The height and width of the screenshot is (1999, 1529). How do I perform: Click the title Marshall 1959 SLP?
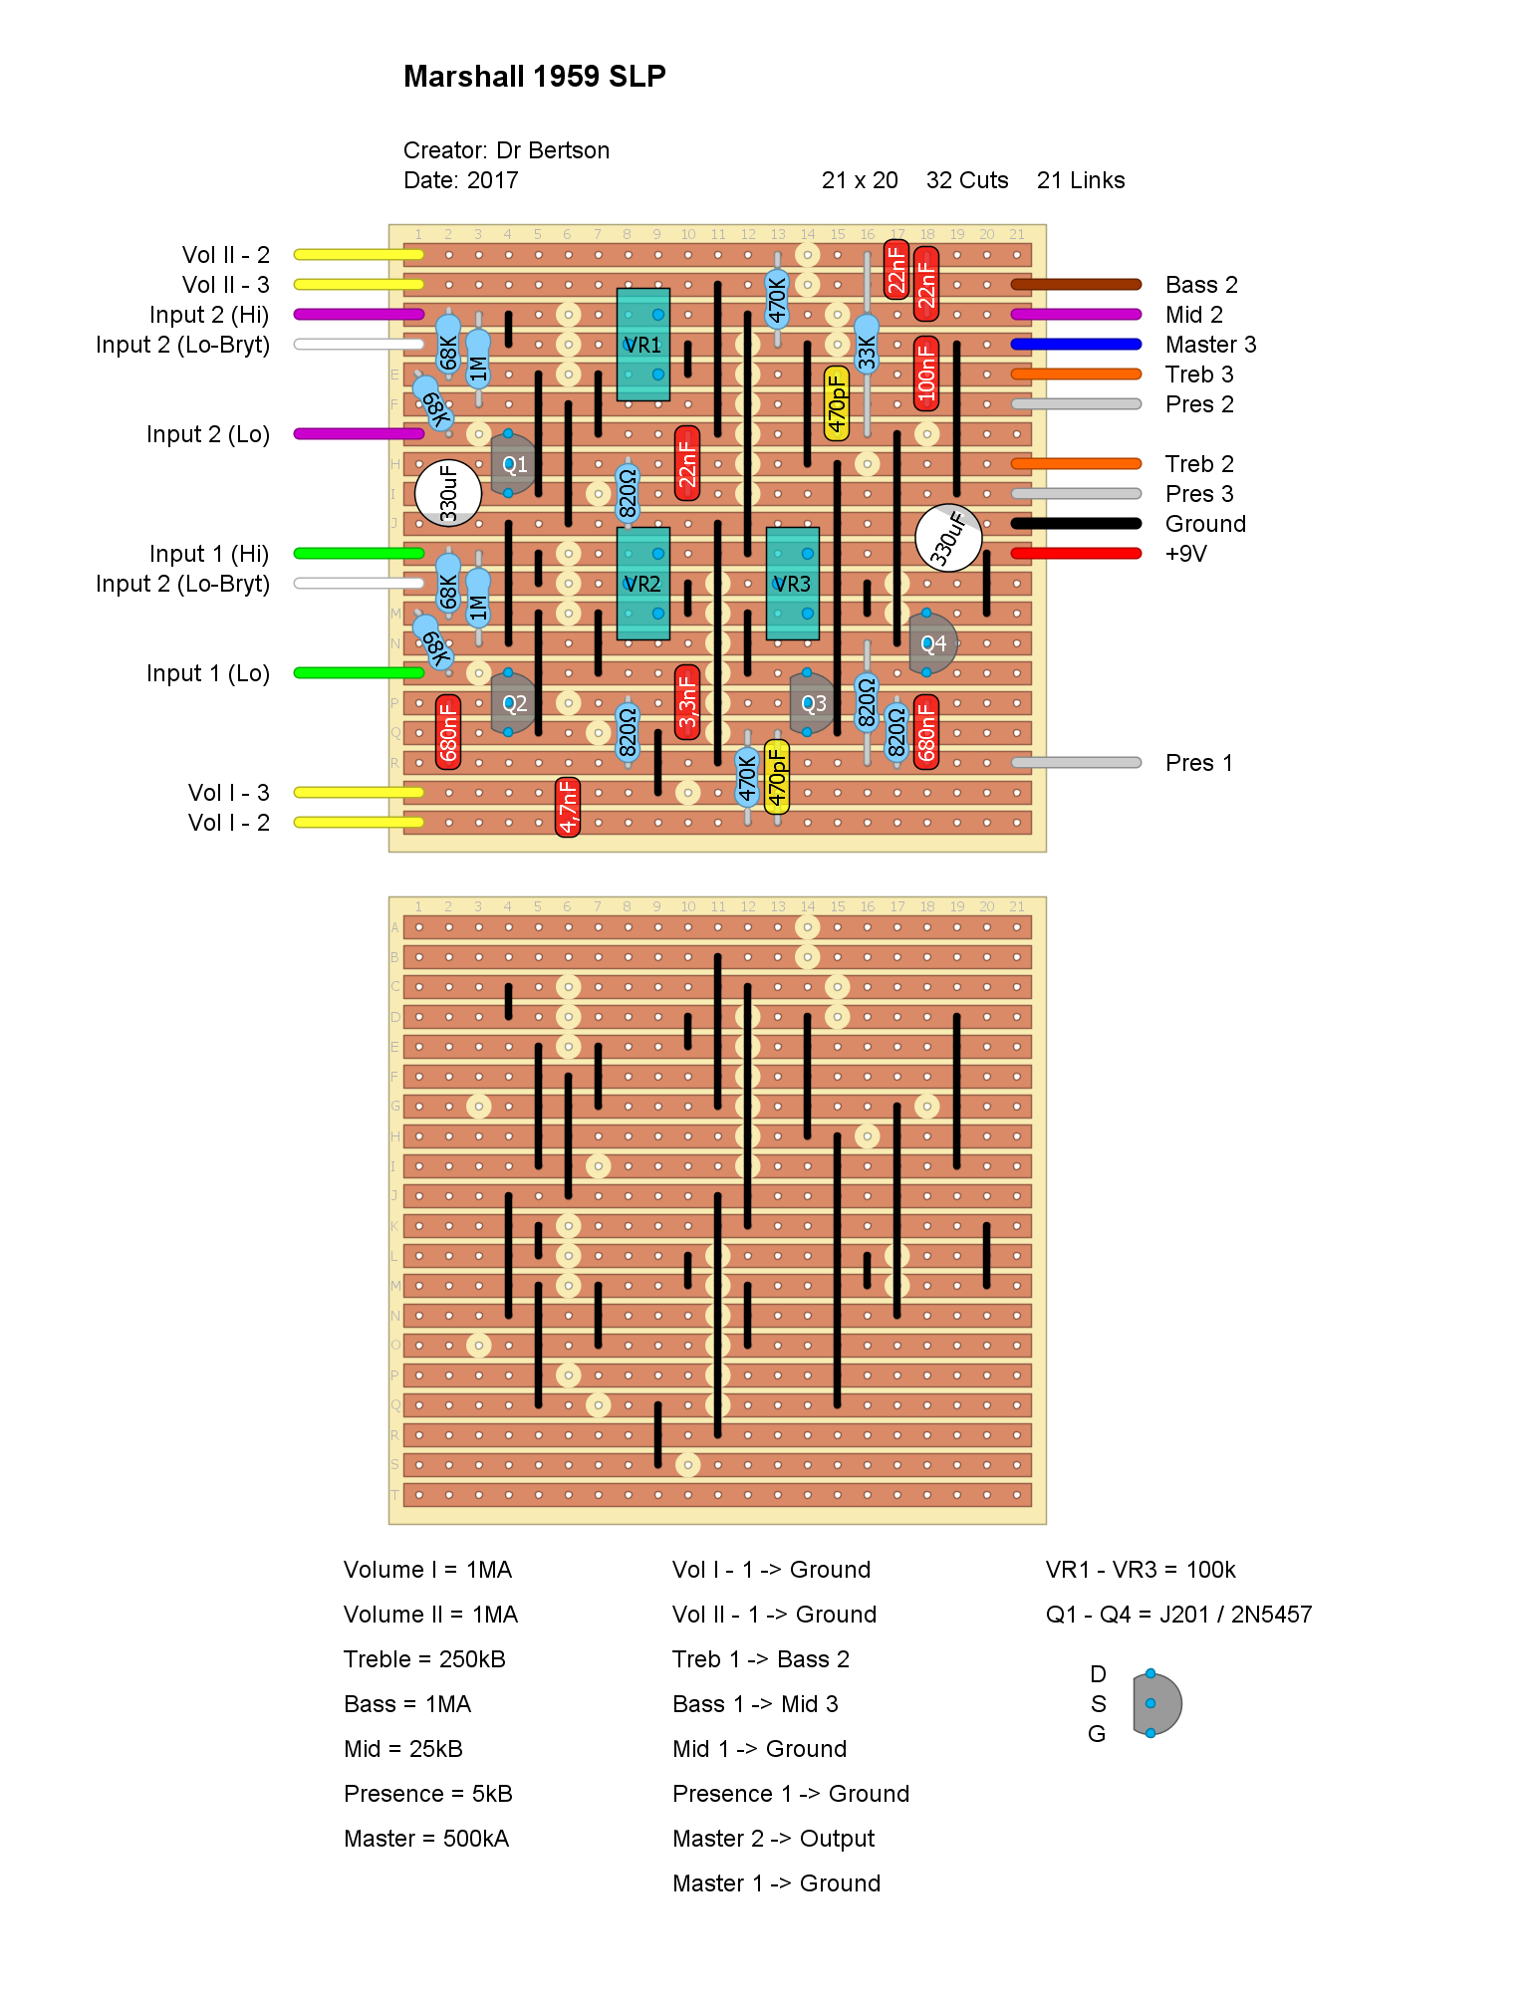point(534,77)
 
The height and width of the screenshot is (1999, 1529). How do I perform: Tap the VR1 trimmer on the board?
point(642,345)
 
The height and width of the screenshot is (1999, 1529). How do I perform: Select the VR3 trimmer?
point(792,584)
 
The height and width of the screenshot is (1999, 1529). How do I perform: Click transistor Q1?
point(513,464)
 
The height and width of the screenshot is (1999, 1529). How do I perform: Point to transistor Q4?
point(932,643)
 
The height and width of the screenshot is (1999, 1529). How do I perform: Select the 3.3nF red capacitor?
point(687,702)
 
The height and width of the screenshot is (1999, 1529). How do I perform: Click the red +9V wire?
point(1076,554)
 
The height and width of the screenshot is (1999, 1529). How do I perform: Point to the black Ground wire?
point(1076,524)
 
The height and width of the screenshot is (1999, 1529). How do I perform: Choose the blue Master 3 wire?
point(1076,345)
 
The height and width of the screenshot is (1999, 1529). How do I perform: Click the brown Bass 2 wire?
point(1076,285)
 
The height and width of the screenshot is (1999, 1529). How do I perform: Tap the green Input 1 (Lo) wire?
point(359,673)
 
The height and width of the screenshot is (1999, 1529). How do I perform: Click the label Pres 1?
point(1199,763)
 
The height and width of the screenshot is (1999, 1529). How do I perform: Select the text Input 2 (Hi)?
point(209,315)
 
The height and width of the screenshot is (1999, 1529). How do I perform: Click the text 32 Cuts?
point(967,180)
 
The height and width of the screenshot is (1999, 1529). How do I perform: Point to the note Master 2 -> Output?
point(773,1839)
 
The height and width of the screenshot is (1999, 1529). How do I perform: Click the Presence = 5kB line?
point(428,1794)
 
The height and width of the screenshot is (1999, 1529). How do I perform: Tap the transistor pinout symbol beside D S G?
point(1155,1704)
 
